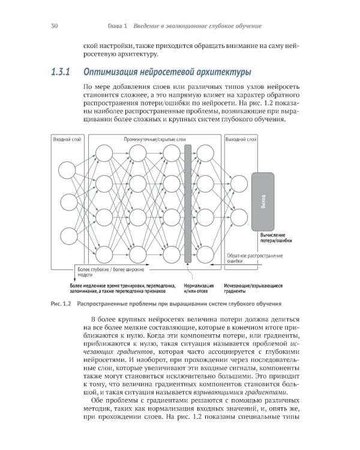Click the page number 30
point(54,26)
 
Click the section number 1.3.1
point(61,73)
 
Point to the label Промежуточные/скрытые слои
point(155,139)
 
